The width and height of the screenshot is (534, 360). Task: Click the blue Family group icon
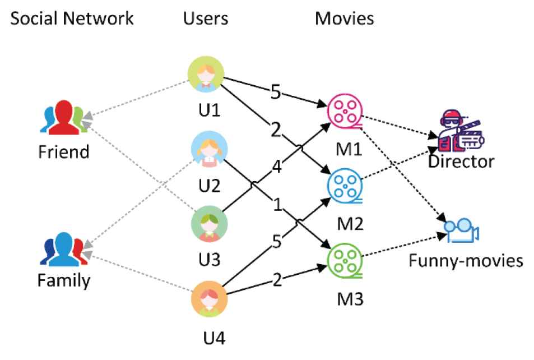coord(63,248)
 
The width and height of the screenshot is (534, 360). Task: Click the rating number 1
coord(277,204)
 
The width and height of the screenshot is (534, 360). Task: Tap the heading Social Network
coord(72,18)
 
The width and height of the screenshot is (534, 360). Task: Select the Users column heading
coord(206,18)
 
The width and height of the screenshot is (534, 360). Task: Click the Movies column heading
coord(344,18)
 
